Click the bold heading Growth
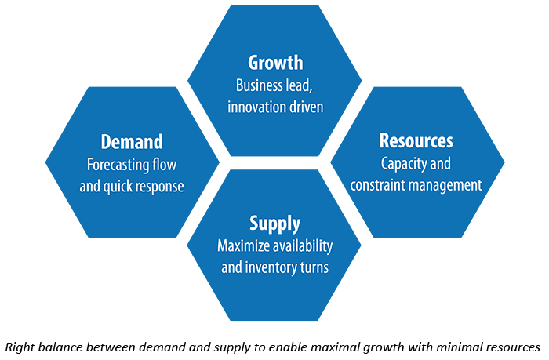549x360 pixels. point(275,63)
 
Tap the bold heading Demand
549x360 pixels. point(132,142)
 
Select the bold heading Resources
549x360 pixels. point(416,140)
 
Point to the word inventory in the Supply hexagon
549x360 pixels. point(265,267)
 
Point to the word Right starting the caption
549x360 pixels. point(20,347)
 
